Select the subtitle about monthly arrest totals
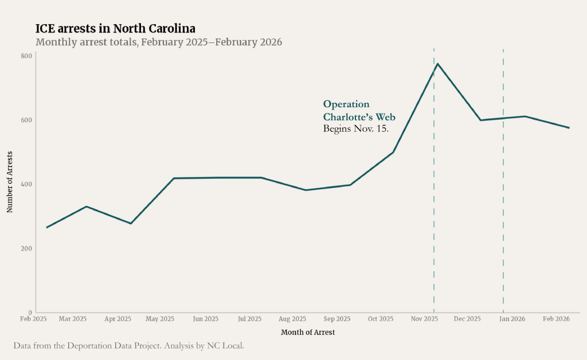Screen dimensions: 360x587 pos(159,42)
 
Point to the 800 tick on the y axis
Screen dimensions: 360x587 pos(26,56)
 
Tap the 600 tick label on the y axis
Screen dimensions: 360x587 pos(26,120)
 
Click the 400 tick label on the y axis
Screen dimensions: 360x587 pos(26,184)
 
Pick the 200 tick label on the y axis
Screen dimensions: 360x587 pos(26,248)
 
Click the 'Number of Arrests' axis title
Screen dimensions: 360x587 pos(10,182)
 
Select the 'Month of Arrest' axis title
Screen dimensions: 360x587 pos(308,332)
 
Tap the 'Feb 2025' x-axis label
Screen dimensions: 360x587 pos(33,319)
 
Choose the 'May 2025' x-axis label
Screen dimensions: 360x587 pos(160,319)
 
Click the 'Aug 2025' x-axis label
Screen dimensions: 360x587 pos(292,319)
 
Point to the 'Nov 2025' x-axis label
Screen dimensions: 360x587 pos(425,319)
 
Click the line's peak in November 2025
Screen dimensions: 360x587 pos(438,64)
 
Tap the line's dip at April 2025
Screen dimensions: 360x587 pos(131,224)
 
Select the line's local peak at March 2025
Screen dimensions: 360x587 pos(86,206)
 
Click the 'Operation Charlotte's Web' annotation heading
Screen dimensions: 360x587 pos(359,111)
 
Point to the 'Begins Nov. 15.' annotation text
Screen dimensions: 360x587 pos(356,129)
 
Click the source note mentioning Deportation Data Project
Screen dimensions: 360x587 pos(128,346)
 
